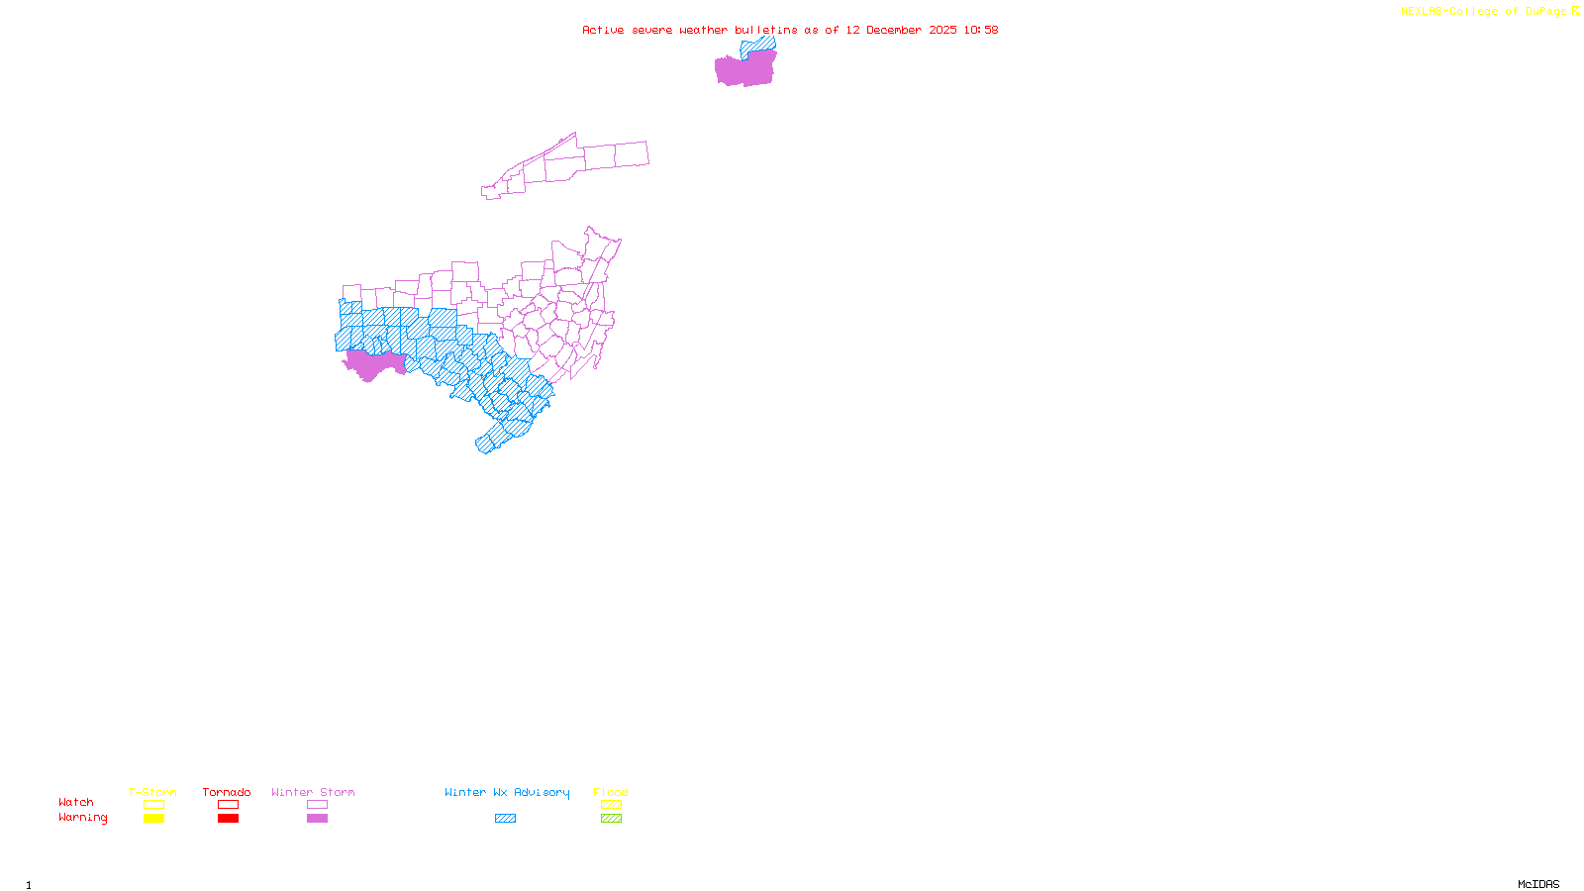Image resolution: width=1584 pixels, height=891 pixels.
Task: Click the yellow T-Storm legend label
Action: pos(152,792)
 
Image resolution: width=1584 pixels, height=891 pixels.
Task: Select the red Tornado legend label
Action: pos(227,792)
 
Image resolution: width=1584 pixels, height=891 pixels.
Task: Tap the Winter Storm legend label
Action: pos(313,792)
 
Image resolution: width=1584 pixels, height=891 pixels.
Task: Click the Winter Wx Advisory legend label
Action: pos(507,792)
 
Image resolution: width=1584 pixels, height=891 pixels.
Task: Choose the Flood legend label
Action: pos(611,792)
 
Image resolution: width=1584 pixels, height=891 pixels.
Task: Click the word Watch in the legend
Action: pos(76,802)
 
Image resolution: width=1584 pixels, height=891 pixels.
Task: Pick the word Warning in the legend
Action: pos(83,818)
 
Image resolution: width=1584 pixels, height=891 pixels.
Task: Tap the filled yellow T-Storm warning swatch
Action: pos(153,819)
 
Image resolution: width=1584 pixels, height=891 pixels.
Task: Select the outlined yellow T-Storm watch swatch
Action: pos(153,805)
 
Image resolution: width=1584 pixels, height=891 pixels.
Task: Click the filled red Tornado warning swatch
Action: pos(228,819)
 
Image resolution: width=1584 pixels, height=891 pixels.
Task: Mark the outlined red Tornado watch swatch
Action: pos(228,805)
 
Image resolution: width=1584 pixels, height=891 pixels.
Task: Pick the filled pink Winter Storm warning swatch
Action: pos(317,819)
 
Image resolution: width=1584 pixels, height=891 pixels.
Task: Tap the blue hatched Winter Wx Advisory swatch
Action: pos(505,819)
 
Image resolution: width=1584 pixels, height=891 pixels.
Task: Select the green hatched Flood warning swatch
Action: pos(611,819)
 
